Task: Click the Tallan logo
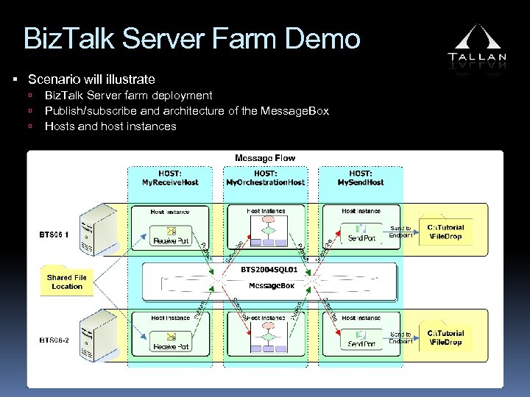coord(477,45)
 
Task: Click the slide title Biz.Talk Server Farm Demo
coord(191,38)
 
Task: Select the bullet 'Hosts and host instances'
coord(110,126)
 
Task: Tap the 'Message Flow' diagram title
coord(264,158)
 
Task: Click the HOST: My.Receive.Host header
coord(170,177)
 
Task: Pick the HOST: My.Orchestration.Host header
coord(266,177)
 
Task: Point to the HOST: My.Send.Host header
coord(360,177)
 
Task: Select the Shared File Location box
coord(67,282)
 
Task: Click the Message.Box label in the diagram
coord(266,285)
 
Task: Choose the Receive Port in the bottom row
coord(170,340)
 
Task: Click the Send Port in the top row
coord(361,234)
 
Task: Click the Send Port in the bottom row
coord(361,339)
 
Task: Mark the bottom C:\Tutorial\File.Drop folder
coord(445,337)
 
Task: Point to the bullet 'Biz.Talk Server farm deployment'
coord(128,96)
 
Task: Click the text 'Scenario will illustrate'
coord(91,79)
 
